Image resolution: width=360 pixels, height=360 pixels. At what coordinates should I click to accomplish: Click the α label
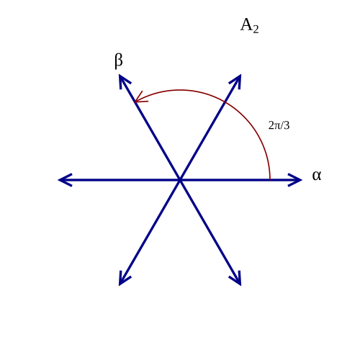tap(317, 176)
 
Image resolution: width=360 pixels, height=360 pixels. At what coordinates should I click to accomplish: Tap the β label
tap(119, 61)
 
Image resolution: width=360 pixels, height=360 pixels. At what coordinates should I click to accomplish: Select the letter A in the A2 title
tap(246, 24)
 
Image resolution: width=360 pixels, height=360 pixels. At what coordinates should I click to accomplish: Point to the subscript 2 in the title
tap(256, 30)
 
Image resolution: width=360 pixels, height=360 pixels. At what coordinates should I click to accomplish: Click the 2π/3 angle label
tap(279, 125)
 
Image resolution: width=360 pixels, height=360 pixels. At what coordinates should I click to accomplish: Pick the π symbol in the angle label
tap(277, 126)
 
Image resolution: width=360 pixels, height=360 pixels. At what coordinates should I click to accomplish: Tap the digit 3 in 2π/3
tap(287, 125)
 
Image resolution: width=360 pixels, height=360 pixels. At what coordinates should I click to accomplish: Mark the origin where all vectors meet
tap(180, 180)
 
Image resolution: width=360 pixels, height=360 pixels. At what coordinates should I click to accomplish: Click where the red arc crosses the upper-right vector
tap(225, 102)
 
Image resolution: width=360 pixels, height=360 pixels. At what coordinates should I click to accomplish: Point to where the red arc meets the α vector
tap(270, 179)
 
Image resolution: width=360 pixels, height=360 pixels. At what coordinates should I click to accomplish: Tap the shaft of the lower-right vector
tap(210, 232)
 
